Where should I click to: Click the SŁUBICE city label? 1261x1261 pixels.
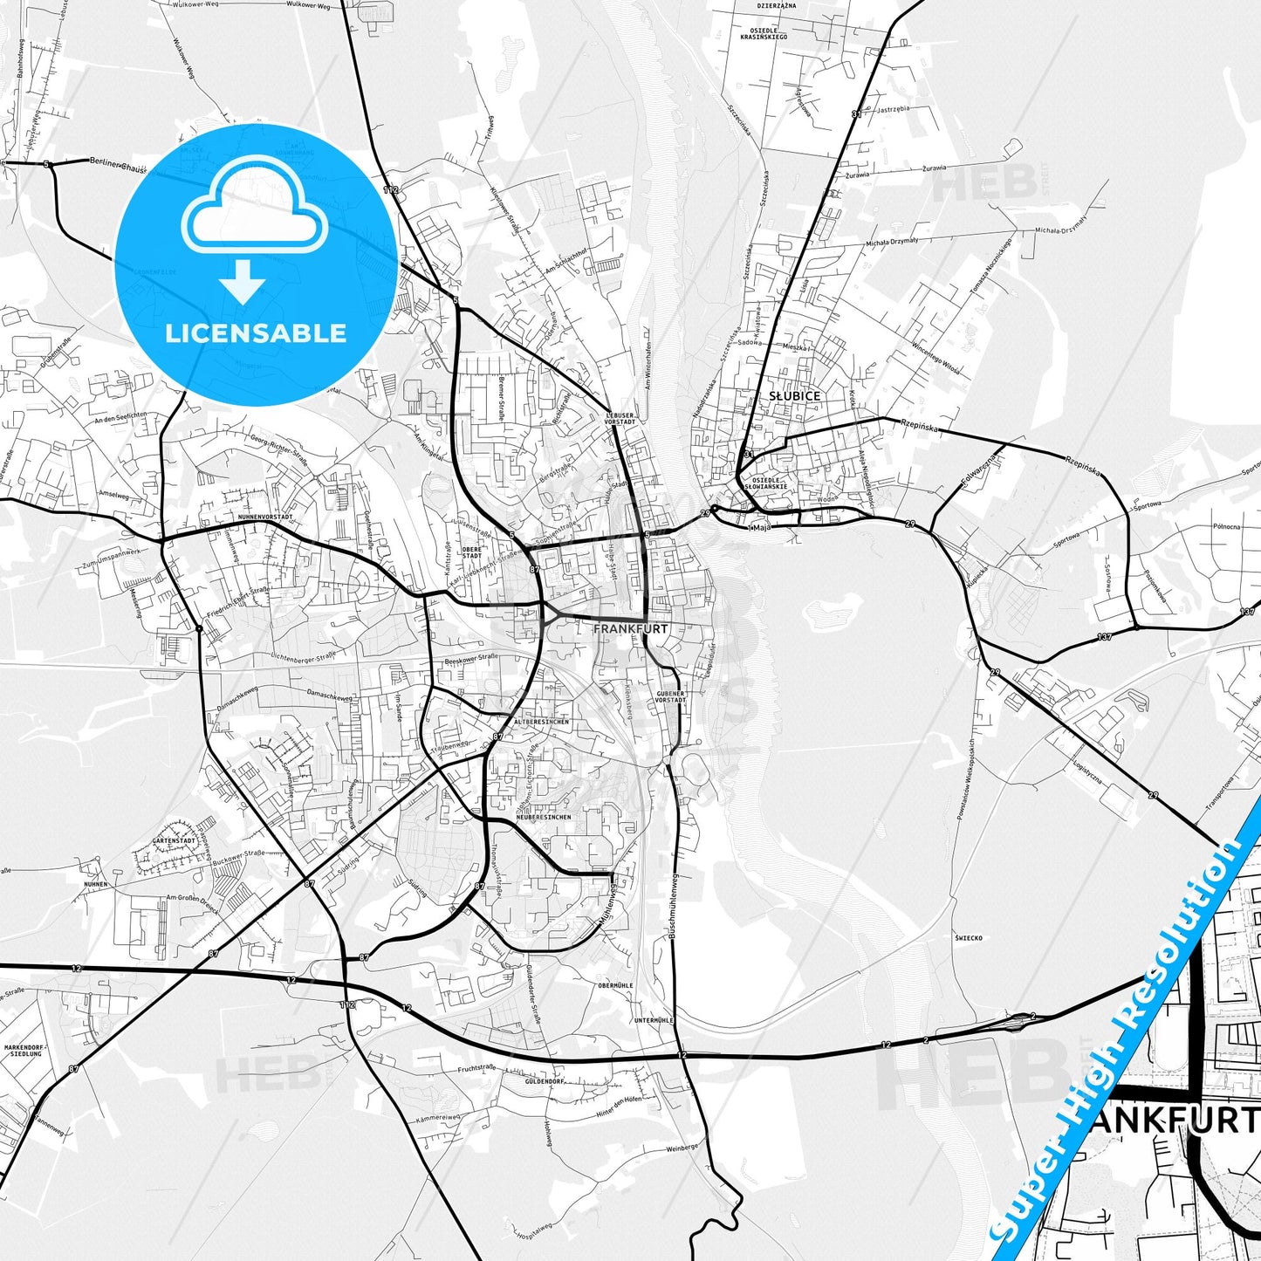tap(794, 396)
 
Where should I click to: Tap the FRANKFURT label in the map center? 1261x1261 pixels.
tap(630, 628)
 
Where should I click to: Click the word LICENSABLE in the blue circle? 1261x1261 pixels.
tap(256, 333)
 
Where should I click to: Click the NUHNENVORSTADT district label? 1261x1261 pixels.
tap(264, 517)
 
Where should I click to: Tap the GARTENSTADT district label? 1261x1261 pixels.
tap(172, 840)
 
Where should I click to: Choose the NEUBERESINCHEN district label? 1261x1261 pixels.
tap(543, 817)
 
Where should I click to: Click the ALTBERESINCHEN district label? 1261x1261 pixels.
tap(542, 722)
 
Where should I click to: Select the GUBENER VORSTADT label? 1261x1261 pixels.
tap(670, 696)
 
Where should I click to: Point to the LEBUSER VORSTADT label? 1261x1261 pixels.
tap(620, 417)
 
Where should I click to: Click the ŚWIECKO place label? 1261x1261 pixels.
tap(968, 938)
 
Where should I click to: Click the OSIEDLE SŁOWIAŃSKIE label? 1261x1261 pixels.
tap(770, 483)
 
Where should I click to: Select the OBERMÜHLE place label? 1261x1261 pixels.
tap(615, 985)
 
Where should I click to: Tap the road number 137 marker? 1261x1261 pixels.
tap(1105, 637)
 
